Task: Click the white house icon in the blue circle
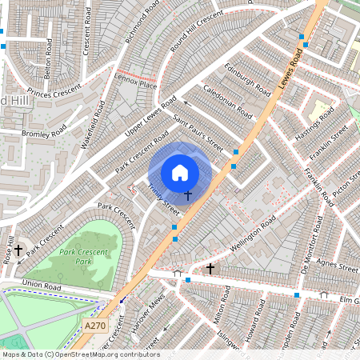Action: coord(180,172)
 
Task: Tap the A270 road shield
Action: coord(94,326)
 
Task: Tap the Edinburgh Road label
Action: coord(248,79)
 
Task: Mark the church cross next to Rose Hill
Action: coord(18,250)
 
